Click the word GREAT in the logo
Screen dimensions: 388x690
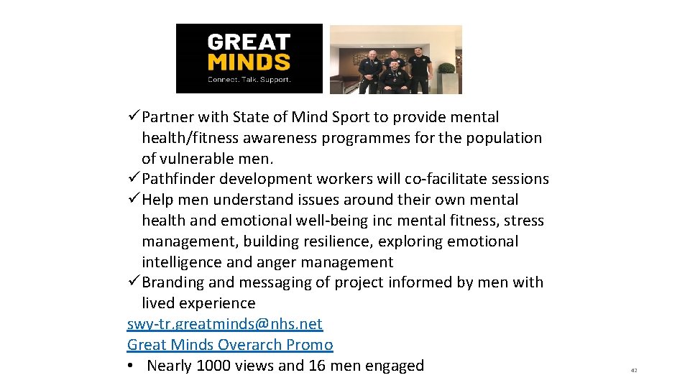coord(249,42)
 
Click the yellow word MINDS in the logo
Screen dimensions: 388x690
coord(249,62)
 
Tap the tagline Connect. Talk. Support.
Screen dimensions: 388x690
coord(249,80)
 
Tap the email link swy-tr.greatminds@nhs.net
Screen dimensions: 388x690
coord(224,324)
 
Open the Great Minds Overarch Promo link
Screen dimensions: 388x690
coord(230,345)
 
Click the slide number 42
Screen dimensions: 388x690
coord(633,371)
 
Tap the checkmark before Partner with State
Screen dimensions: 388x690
coord(134,117)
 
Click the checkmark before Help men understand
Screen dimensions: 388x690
coord(134,200)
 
